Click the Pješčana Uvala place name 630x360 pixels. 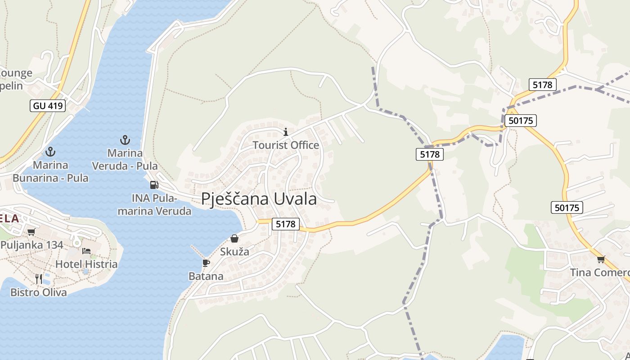(259, 199)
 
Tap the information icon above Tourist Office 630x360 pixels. (285, 132)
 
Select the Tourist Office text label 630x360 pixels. (286, 145)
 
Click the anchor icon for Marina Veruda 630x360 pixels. (125, 140)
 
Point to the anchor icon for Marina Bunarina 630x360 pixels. (50, 152)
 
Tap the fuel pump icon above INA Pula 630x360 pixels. (154, 184)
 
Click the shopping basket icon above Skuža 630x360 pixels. (234, 238)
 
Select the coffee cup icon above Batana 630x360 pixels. (206, 263)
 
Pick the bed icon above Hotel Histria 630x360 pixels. (86, 251)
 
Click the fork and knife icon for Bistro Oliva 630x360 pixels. (39, 279)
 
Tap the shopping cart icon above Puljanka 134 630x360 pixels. (31, 232)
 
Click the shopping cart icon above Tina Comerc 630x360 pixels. (601, 259)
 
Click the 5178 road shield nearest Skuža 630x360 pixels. (286, 224)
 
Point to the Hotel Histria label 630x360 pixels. (86, 264)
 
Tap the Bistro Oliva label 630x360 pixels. (39, 292)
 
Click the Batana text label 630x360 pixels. (206, 276)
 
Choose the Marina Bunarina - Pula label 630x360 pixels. (50, 171)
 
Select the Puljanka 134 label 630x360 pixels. (32, 245)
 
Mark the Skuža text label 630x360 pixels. (234, 252)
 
